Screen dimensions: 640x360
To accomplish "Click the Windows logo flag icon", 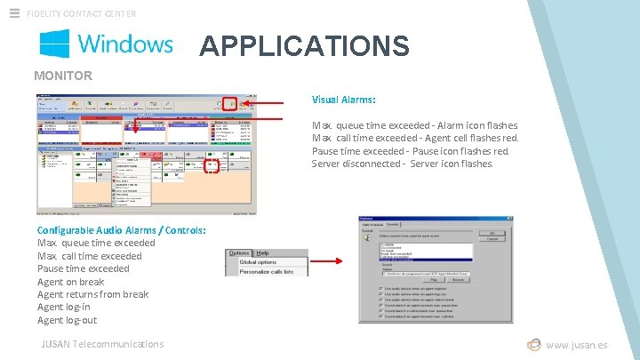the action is click(55, 44).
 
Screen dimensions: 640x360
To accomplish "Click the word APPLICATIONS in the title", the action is click(304, 45).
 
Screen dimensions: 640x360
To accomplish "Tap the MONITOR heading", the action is click(63, 76).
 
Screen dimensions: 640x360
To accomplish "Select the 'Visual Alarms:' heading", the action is click(343, 100).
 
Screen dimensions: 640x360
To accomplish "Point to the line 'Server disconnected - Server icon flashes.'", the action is click(402, 164).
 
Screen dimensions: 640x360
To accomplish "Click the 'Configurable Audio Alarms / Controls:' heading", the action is click(122, 230).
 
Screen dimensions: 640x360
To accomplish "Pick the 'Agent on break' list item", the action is click(70, 282).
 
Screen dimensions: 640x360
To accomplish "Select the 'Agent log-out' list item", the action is click(67, 320).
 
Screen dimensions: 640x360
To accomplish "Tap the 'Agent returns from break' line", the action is click(92, 294).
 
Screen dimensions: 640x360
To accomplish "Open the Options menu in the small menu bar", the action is click(239, 253).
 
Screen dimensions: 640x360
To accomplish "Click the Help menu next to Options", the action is click(263, 253).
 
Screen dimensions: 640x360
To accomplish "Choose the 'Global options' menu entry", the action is click(258, 262).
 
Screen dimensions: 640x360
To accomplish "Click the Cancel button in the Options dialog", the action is click(492, 238).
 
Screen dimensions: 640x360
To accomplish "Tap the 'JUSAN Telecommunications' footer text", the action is click(102, 344).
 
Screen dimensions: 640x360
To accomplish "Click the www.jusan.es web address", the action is click(576, 345).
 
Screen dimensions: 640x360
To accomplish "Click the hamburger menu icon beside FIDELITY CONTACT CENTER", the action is click(14, 13).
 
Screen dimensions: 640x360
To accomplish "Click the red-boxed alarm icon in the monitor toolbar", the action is click(230, 104).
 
